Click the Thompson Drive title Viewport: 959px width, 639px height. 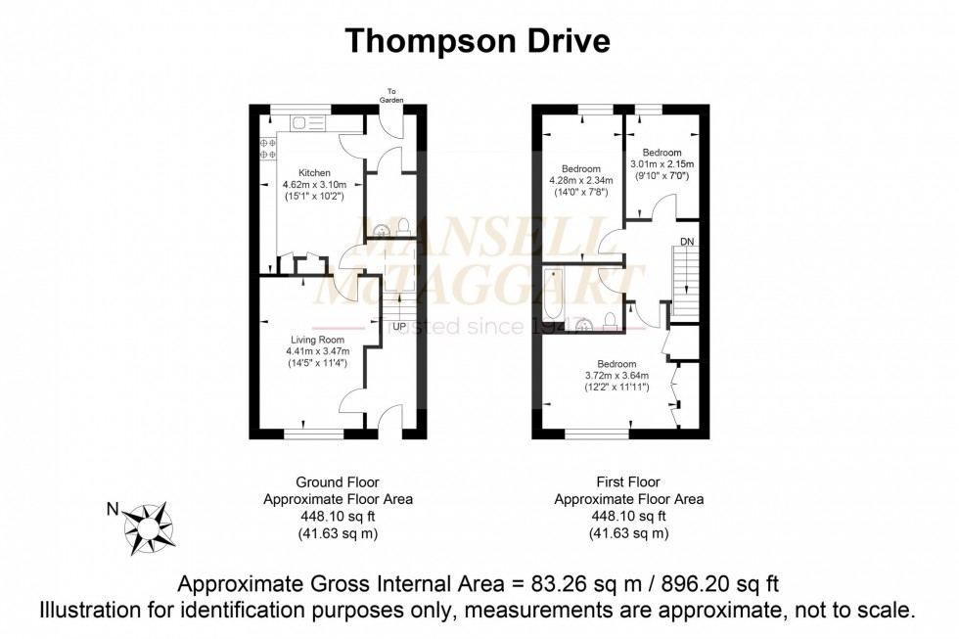click(x=479, y=40)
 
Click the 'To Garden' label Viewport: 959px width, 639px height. click(x=391, y=96)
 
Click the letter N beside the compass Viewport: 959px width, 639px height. click(x=112, y=508)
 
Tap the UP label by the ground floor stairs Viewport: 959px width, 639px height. click(x=399, y=326)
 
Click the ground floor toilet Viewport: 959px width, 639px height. click(x=404, y=230)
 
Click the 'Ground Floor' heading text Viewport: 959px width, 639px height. click(x=338, y=482)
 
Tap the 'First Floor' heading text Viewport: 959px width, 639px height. click(x=628, y=482)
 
